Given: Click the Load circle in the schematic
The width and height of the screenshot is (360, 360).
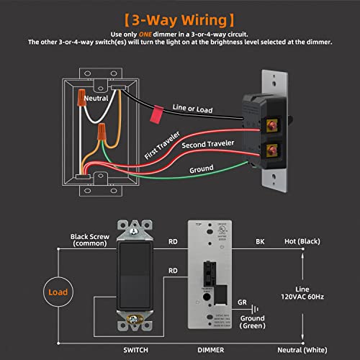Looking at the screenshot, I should point(58,293).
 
